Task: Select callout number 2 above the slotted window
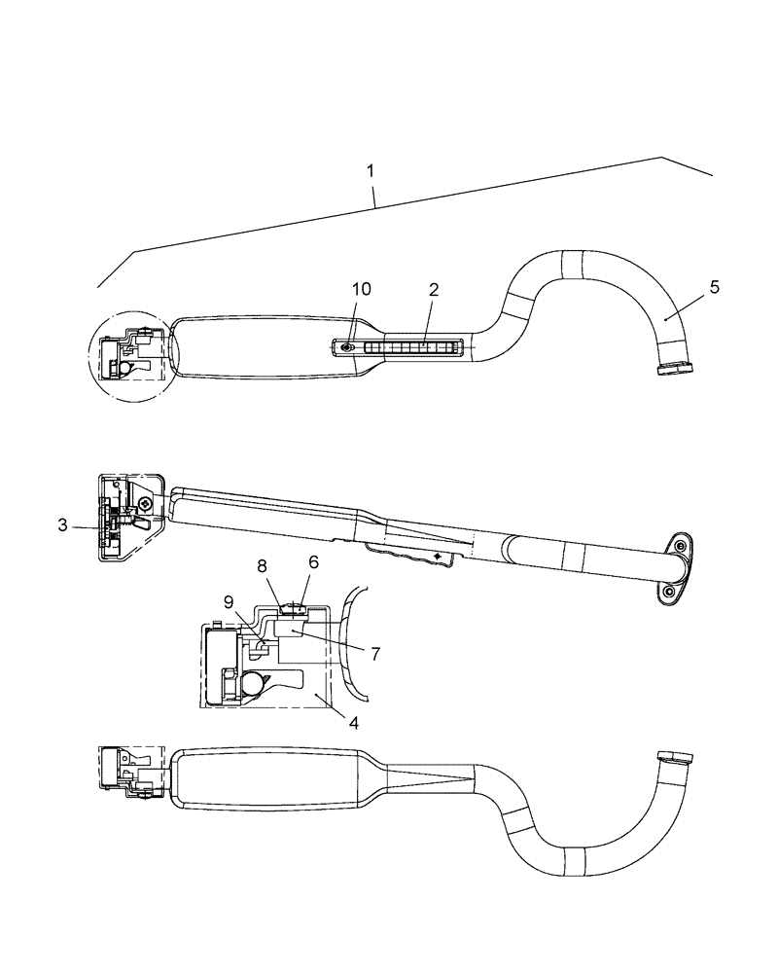(x=434, y=289)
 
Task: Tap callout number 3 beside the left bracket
(x=63, y=525)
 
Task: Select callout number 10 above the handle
(x=361, y=289)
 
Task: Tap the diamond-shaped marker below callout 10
(x=347, y=346)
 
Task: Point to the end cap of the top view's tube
(x=674, y=368)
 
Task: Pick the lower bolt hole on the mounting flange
(x=668, y=591)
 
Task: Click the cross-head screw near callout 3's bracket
(x=145, y=503)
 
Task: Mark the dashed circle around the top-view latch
(x=133, y=354)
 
